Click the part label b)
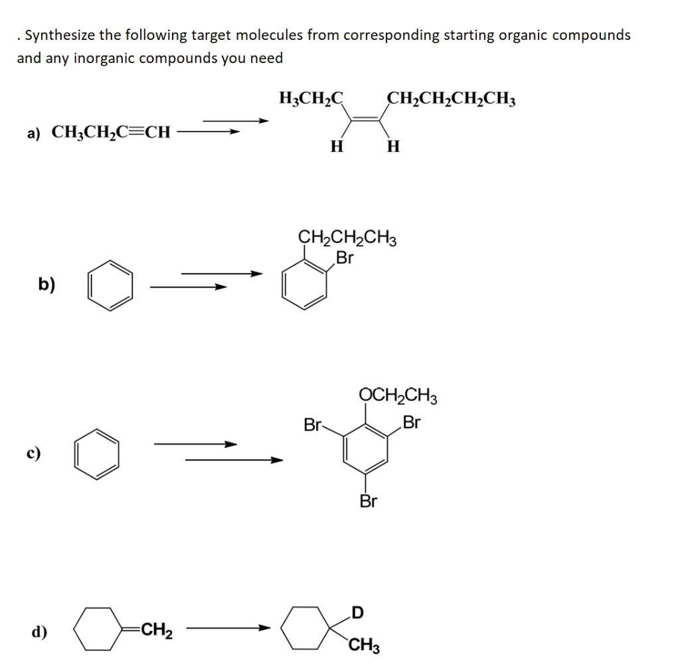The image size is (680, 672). [x=46, y=285]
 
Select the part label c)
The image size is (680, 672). [x=33, y=454]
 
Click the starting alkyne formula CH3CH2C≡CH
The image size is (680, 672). [x=111, y=132]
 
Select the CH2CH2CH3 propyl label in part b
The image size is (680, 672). [x=347, y=238]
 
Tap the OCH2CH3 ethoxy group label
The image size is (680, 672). [x=398, y=397]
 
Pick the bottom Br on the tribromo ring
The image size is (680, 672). [x=369, y=501]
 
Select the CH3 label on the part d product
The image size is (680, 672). [x=365, y=645]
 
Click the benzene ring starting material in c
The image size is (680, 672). [x=97, y=454]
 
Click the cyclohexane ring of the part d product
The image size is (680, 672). [x=304, y=628]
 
